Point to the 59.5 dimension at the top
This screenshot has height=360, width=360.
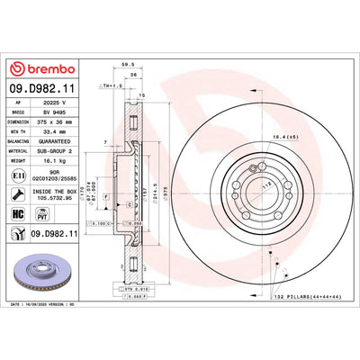click(x=134, y=65)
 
